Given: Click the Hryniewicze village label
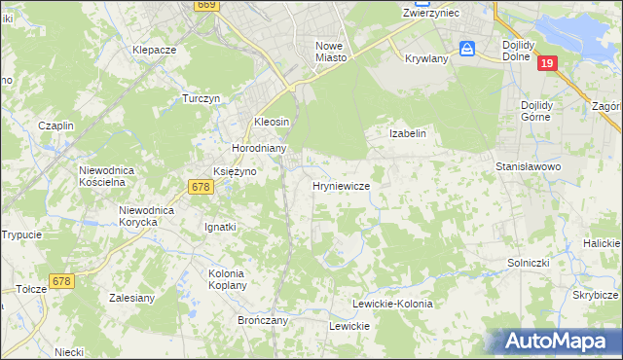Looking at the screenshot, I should click(340, 186).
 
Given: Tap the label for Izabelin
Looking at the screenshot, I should click(408, 133).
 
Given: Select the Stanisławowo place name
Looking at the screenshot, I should click(530, 166).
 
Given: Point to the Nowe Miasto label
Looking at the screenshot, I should click(331, 52).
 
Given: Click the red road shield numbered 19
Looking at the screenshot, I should click(548, 63).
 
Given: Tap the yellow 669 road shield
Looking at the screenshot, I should click(205, 5).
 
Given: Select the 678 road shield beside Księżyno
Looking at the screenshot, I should click(202, 187).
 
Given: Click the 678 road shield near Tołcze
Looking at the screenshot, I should click(61, 281).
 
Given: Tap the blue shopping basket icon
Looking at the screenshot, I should click(468, 49).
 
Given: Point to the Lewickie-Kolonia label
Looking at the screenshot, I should click(392, 304).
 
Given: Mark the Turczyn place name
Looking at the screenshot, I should click(203, 99).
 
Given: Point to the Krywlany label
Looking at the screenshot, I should click(425, 57).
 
